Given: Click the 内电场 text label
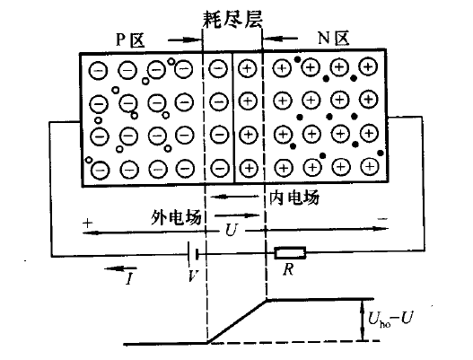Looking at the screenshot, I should tap(294, 196).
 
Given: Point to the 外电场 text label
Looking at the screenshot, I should tap(177, 218).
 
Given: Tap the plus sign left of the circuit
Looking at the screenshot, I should tap(88, 222).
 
